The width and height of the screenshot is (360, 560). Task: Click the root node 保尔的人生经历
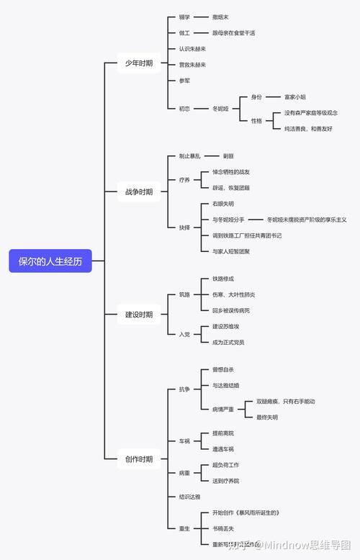pyautogui.click(x=50, y=261)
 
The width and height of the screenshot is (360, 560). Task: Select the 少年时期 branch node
pyautogui.click(x=139, y=63)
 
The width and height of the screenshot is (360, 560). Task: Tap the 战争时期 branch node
pyautogui.click(x=139, y=192)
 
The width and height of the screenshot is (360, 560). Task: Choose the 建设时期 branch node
pyautogui.click(x=139, y=315)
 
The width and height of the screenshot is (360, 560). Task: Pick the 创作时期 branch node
pyautogui.click(x=139, y=459)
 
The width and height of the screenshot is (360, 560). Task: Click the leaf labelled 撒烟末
pyautogui.click(x=221, y=17)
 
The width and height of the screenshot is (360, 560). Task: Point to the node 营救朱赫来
pyautogui.click(x=192, y=65)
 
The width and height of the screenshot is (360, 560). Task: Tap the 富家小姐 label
pyautogui.click(x=300, y=96)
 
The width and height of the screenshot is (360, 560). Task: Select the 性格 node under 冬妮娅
pyautogui.click(x=256, y=120)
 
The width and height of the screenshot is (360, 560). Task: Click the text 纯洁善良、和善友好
pyautogui.click(x=308, y=129)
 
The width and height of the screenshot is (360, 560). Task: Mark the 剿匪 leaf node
pyautogui.click(x=228, y=155)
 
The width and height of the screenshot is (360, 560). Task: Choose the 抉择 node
pyautogui.click(x=185, y=227)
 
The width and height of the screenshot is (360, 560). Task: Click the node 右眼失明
pyautogui.click(x=222, y=204)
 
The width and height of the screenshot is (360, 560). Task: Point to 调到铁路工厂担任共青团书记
pyautogui.click(x=247, y=235)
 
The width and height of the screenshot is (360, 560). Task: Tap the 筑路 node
pyautogui.click(x=185, y=294)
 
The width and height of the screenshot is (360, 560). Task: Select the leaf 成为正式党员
pyautogui.click(x=228, y=342)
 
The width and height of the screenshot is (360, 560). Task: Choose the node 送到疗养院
pyautogui.click(x=225, y=481)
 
